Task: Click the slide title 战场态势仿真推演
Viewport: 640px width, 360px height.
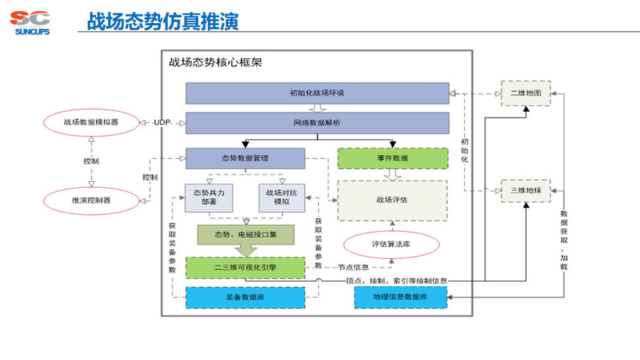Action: click(x=162, y=22)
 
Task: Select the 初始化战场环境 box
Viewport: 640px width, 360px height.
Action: click(x=317, y=93)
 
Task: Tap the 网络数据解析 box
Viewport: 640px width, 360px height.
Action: click(x=317, y=122)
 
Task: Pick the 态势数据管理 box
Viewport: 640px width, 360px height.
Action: click(x=244, y=158)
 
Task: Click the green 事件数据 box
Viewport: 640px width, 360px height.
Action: click(x=392, y=158)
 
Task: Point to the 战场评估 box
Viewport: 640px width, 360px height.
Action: click(x=392, y=200)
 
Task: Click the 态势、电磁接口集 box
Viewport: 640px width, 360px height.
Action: click(x=244, y=235)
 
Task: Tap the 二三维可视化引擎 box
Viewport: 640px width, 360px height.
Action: click(x=244, y=268)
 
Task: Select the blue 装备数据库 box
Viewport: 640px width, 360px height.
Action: click(x=244, y=297)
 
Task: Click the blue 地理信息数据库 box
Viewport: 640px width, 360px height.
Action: click(x=400, y=297)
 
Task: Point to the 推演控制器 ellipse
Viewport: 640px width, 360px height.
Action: click(x=91, y=200)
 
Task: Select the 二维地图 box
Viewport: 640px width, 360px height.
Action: click(x=525, y=93)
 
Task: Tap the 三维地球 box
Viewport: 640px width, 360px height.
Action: click(x=525, y=191)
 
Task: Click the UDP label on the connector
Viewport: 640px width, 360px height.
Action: click(x=162, y=122)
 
